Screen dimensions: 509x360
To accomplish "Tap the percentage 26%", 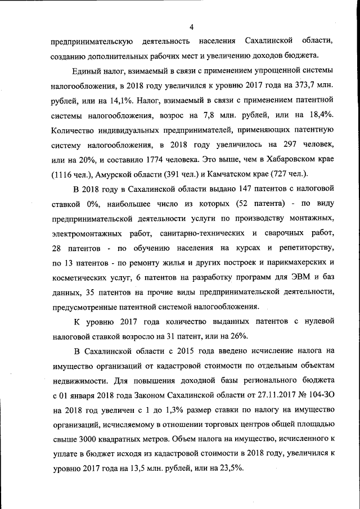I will click(238, 335).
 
